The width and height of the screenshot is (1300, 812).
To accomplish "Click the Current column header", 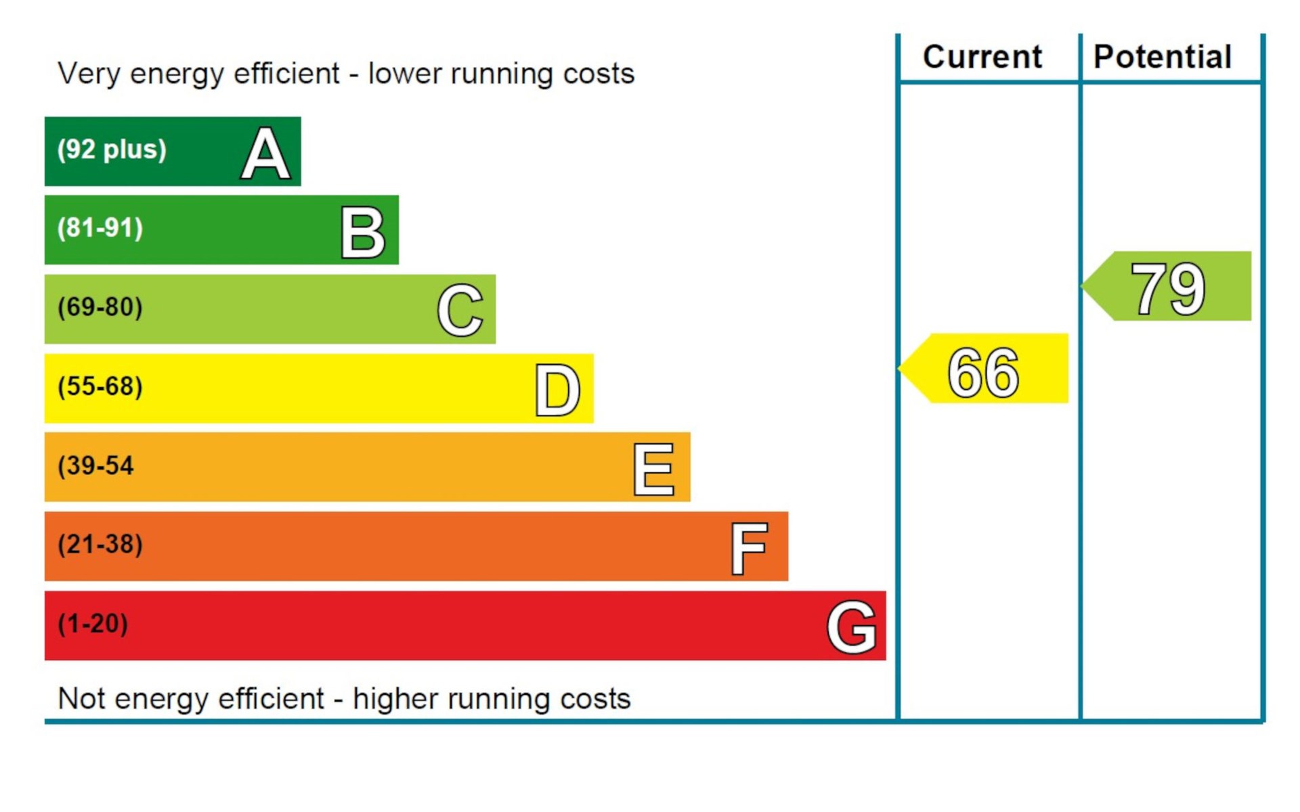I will point(982,57).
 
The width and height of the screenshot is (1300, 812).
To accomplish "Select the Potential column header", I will point(1162,57).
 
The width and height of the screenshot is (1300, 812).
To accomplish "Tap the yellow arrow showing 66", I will point(984,369).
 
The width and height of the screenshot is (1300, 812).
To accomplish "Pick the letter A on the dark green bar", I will point(265,154).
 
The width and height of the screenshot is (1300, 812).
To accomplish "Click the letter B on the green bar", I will point(363,233).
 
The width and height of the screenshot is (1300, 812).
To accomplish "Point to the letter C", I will point(460,311).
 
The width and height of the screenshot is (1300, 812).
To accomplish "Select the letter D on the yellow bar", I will point(557,390).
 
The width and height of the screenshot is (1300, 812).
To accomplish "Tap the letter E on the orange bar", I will point(653,469).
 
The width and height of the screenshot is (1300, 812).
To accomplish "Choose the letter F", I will point(749,548).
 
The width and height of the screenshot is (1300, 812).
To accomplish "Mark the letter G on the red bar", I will point(851,627).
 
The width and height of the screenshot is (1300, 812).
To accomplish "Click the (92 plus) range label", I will point(112,150).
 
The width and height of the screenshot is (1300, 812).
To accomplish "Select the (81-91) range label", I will point(100,229).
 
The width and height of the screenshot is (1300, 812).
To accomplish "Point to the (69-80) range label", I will point(100,307).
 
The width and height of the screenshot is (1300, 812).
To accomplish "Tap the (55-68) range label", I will point(100,386).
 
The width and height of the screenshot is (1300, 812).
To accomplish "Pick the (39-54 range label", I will point(95,466).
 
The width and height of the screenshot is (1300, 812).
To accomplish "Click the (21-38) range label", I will point(100,544).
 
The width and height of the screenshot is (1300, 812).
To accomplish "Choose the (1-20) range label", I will point(93,623).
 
